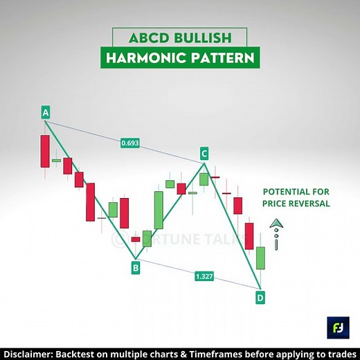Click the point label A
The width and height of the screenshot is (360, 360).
[x=45, y=112]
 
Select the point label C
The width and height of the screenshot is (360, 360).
[x=204, y=153]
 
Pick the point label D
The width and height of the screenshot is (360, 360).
[x=260, y=298]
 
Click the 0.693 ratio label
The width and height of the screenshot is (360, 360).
[x=129, y=143]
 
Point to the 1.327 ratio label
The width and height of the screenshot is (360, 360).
[x=204, y=276]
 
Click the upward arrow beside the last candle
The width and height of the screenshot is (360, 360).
[x=276, y=224]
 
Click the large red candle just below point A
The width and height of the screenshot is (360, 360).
[x=45, y=151]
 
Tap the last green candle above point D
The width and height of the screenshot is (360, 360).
[x=260, y=258]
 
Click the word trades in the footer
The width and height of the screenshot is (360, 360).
[x=339, y=351]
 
